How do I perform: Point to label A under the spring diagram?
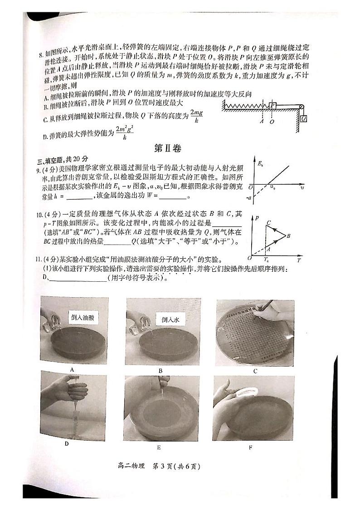click(x=262, y=122)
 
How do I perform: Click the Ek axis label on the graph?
click(x=260, y=164)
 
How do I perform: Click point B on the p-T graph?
click(x=288, y=235)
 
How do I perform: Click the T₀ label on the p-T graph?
click(x=266, y=260)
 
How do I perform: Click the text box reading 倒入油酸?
click(x=82, y=318)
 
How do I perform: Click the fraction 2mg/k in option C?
click(x=196, y=117)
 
